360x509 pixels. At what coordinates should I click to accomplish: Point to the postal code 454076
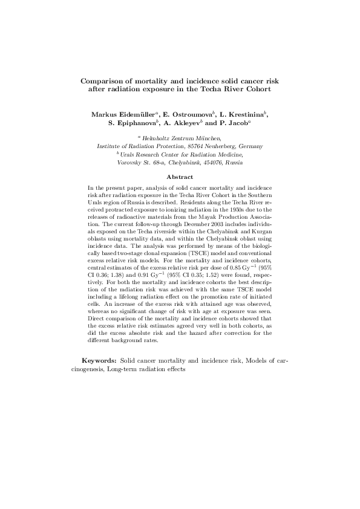tap(214, 163)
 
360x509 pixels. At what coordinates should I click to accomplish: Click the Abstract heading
tap(180, 177)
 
